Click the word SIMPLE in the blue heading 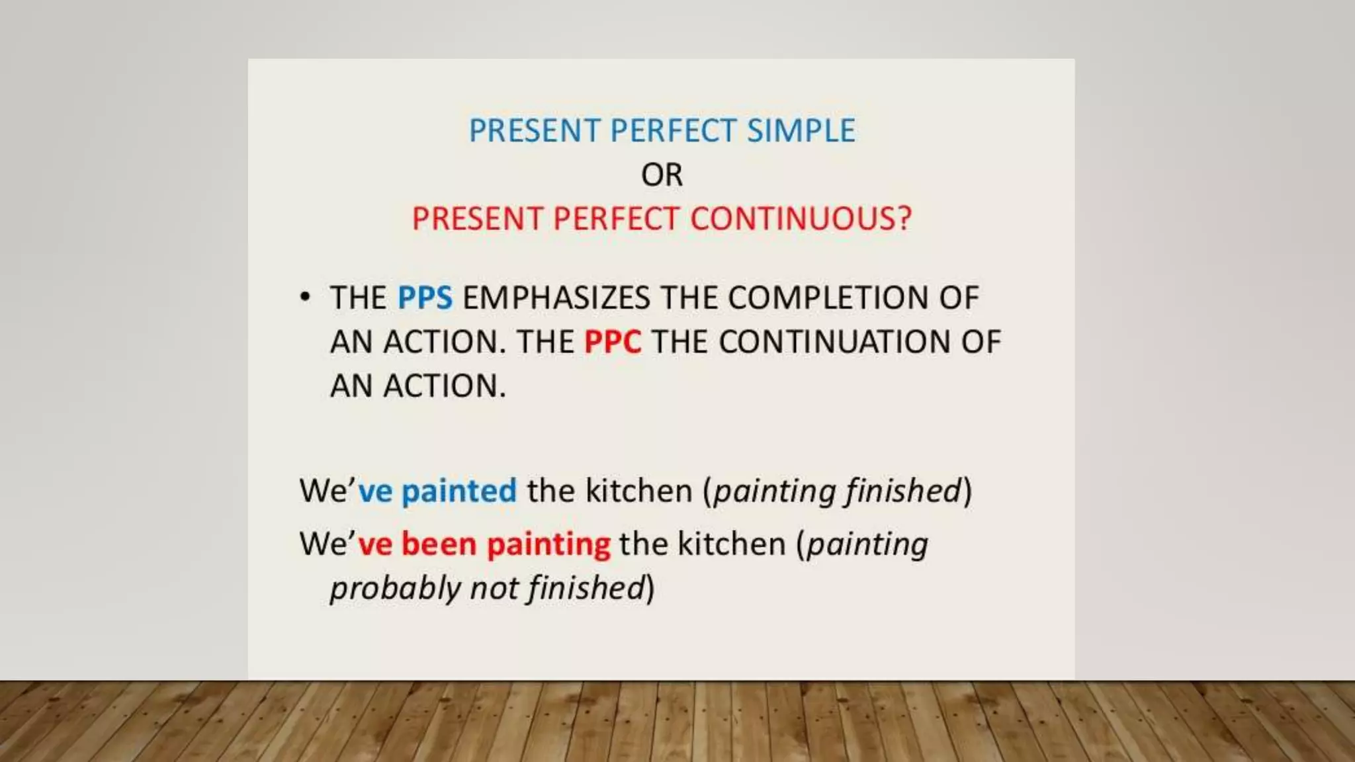pyautogui.click(x=801, y=130)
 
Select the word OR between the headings pyautogui.click(x=662, y=175)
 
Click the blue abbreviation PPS pyautogui.click(x=425, y=298)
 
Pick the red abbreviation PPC pyautogui.click(x=613, y=342)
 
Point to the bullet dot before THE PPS pyautogui.click(x=304, y=297)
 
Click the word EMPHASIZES pyautogui.click(x=556, y=298)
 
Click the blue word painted pyautogui.click(x=459, y=491)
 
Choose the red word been pyautogui.click(x=439, y=544)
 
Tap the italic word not pyautogui.click(x=494, y=589)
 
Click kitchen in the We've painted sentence pyautogui.click(x=638, y=491)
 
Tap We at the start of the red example pyautogui.click(x=322, y=544)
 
